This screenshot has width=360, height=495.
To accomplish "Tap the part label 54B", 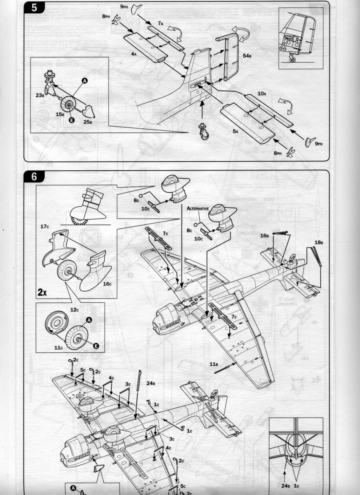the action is tap(247, 55).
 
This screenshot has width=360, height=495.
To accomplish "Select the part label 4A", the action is tap(134, 54).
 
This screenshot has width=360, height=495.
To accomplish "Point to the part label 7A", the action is tap(160, 24).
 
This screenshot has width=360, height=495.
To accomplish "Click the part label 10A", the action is tap(262, 94).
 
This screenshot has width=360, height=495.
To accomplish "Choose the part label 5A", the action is tap(235, 131).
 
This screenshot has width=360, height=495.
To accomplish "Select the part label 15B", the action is tap(60, 114).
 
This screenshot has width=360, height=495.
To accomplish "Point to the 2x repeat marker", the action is tap(42, 292).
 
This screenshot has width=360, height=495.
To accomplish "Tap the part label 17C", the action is tap(45, 226).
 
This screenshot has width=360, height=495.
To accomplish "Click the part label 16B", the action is tap(265, 236).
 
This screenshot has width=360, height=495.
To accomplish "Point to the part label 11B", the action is tap(213, 364).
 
